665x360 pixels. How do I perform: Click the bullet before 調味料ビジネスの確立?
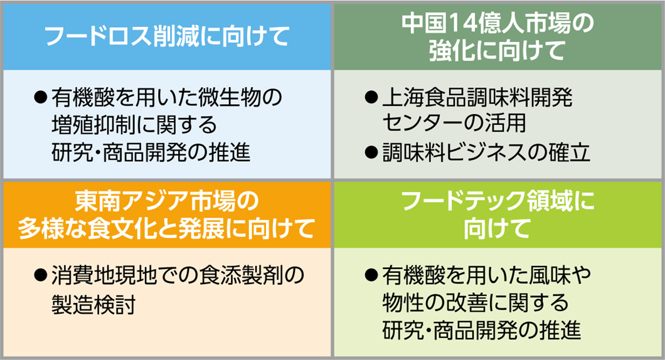[370, 153]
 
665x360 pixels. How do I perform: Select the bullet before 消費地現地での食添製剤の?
[40, 274]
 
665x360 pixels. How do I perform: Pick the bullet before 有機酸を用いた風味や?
[370, 274]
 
